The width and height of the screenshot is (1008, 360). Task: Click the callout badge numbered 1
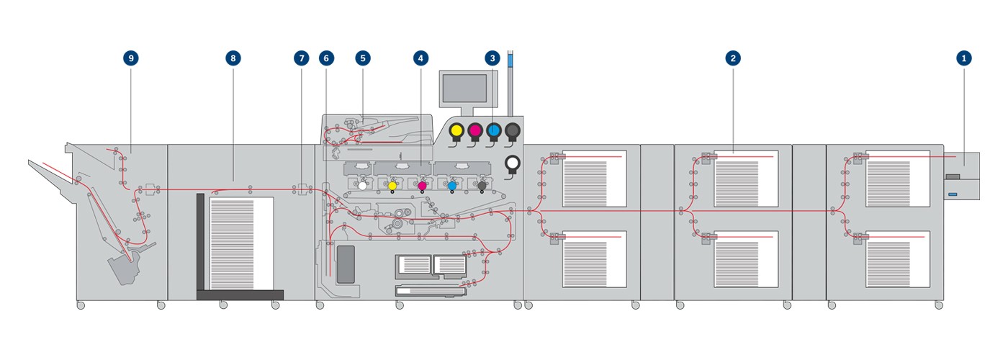tap(963, 58)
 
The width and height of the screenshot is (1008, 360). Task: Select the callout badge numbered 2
tap(733, 58)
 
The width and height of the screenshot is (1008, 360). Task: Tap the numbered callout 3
tap(492, 58)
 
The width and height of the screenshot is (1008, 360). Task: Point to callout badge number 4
tap(420, 58)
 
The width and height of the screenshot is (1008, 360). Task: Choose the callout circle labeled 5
tap(363, 58)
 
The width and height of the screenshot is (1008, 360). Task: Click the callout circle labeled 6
tap(326, 58)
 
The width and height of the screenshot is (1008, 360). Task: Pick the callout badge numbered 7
tap(302, 58)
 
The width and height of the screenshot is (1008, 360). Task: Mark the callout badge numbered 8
tap(233, 58)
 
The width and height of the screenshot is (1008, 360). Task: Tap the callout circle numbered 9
tap(131, 58)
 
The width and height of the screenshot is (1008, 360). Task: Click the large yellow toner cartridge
tap(456, 130)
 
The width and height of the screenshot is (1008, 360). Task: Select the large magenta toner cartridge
tap(475, 130)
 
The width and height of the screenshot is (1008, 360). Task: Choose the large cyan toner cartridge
tap(494, 130)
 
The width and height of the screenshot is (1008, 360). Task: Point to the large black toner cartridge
tap(513, 130)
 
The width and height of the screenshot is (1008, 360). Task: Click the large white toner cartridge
tap(512, 163)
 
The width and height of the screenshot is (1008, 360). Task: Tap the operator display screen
tap(464, 88)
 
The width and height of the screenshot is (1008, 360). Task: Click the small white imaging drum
tap(363, 186)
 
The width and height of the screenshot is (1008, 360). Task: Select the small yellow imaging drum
tap(392, 186)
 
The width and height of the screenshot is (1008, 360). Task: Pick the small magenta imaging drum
tap(422, 186)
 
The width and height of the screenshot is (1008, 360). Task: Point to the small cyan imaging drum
tap(452, 186)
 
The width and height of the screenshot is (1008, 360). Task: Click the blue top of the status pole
tap(510, 60)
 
